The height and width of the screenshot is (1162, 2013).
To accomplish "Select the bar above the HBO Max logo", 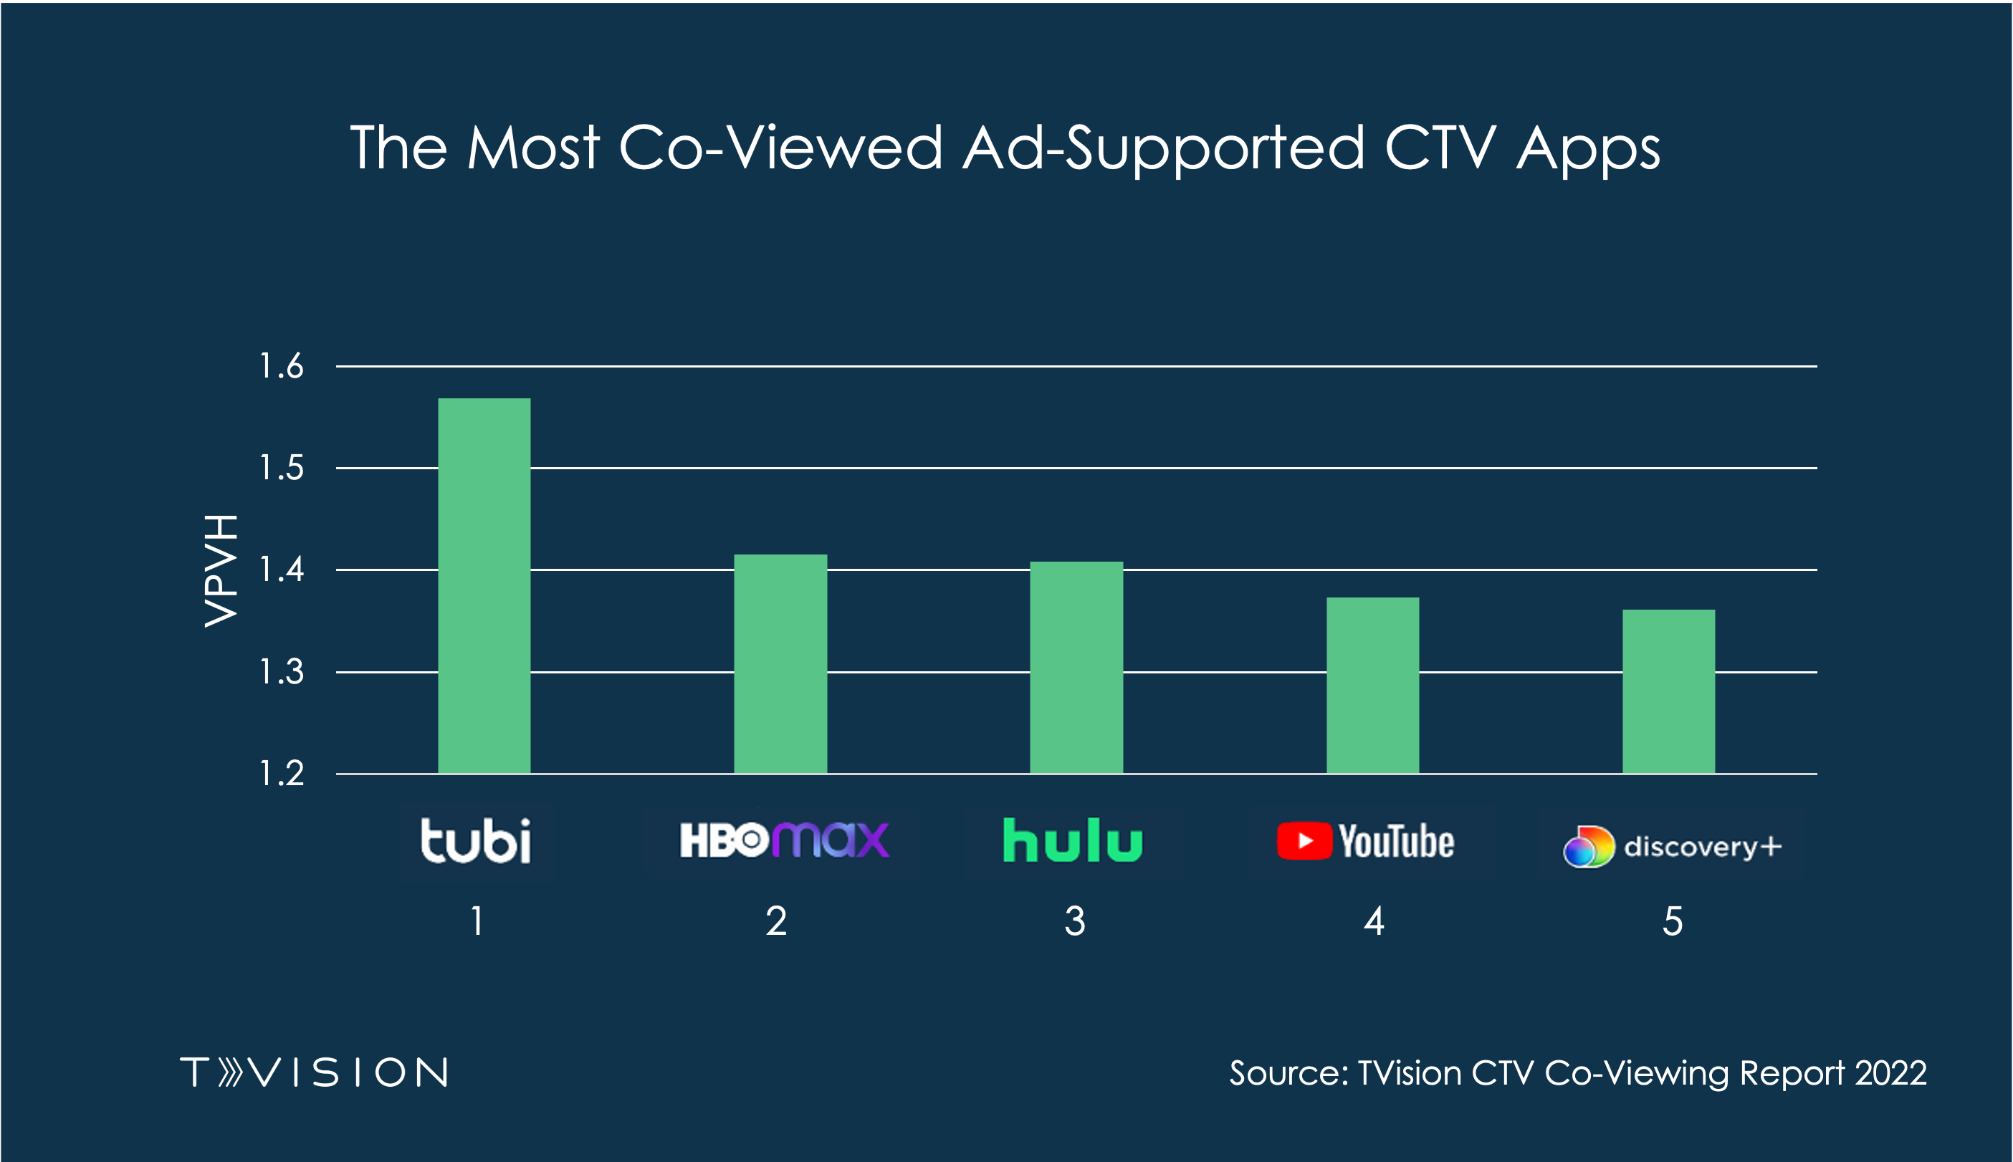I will point(780,663).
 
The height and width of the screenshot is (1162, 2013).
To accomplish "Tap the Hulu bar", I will point(1076,667).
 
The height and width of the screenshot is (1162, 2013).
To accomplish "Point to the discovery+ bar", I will point(1668,691).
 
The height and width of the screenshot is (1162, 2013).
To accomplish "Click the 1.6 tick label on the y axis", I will point(282,366).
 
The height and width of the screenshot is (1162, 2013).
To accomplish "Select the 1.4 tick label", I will point(282,570).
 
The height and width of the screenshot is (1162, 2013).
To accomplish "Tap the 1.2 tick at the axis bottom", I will point(282,773).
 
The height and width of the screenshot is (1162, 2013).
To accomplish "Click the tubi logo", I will point(476,841).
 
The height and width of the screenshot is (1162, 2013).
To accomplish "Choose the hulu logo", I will point(1072,840).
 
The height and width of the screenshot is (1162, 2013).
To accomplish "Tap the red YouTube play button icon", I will point(1304,841).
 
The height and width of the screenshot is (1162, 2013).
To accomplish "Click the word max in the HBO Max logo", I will point(831,840).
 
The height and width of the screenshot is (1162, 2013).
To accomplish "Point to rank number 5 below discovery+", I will point(1672,922).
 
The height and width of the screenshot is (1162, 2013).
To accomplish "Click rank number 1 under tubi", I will point(477,922).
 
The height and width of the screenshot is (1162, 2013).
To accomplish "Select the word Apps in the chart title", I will point(1587,149).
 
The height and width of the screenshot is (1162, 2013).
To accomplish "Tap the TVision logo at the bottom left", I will point(315,1072).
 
